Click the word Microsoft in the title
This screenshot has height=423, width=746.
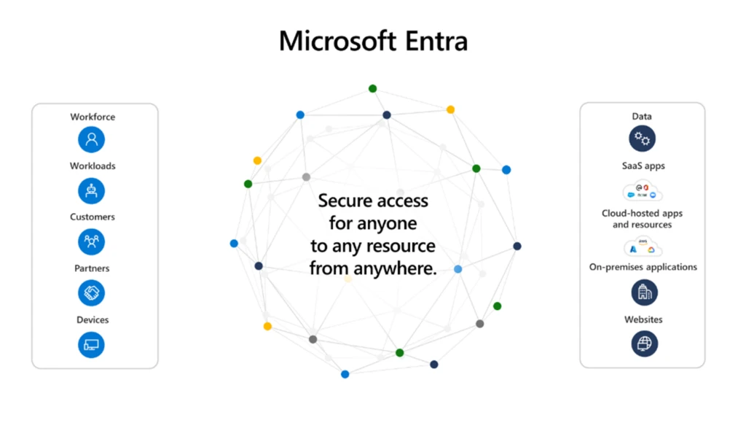coord(335,40)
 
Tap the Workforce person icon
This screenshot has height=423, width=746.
coord(92,139)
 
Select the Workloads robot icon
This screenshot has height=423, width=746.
coord(92,190)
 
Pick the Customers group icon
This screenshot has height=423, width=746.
coord(92,241)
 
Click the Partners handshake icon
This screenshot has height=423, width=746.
coord(92,293)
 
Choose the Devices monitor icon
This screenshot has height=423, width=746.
coord(92,344)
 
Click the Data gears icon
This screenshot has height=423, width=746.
coord(643,139)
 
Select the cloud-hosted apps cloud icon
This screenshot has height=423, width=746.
coord(643,248)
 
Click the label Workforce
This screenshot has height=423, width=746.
coord(93,117)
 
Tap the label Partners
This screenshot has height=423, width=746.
coord(92,268)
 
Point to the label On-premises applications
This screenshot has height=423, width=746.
coord(643,267)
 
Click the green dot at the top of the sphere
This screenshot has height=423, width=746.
coord(372,89)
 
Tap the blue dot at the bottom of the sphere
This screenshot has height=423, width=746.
coord(345,374)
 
